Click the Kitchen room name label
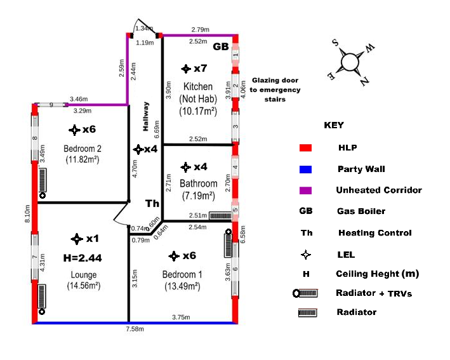(x=198, y=86)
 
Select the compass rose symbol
(x=350, y=62)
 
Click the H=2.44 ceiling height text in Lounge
(x=83, y=258)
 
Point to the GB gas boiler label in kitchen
(x=220, y=47)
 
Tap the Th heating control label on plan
(x=152, y=204)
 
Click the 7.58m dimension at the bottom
(x=134, y=330)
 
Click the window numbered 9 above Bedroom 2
(x=51, y=105)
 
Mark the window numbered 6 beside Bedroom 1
(x=235, y=269)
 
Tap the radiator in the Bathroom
(x=220, y=215)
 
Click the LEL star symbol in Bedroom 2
(x=74, y=129)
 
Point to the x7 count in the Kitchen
(x=201, y=69)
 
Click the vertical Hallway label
(x=145, y=116)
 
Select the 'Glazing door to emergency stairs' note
(x=276, y=90)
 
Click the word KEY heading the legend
(x=334, y=125)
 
